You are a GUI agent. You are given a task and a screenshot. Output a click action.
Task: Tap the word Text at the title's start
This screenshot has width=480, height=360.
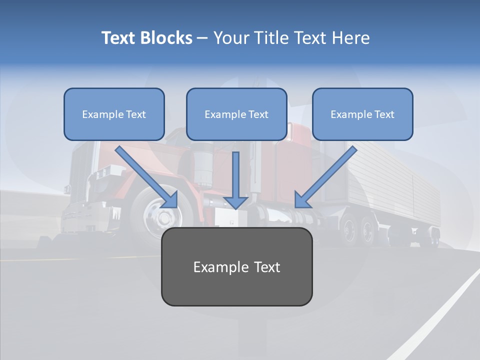pos(119,38)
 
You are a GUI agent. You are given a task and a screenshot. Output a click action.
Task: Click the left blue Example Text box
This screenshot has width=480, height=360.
pos(114,114)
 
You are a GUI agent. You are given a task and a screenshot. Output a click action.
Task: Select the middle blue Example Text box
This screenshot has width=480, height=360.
pos(236,114)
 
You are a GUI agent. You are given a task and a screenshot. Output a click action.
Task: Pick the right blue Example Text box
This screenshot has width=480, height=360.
pos(362,114)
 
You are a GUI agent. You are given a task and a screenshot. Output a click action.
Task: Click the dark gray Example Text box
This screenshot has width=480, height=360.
pos(236,267)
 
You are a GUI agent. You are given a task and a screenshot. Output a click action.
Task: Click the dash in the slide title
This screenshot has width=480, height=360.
pos(202,38)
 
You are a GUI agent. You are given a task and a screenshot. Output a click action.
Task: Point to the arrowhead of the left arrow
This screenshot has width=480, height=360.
pos(170,199)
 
